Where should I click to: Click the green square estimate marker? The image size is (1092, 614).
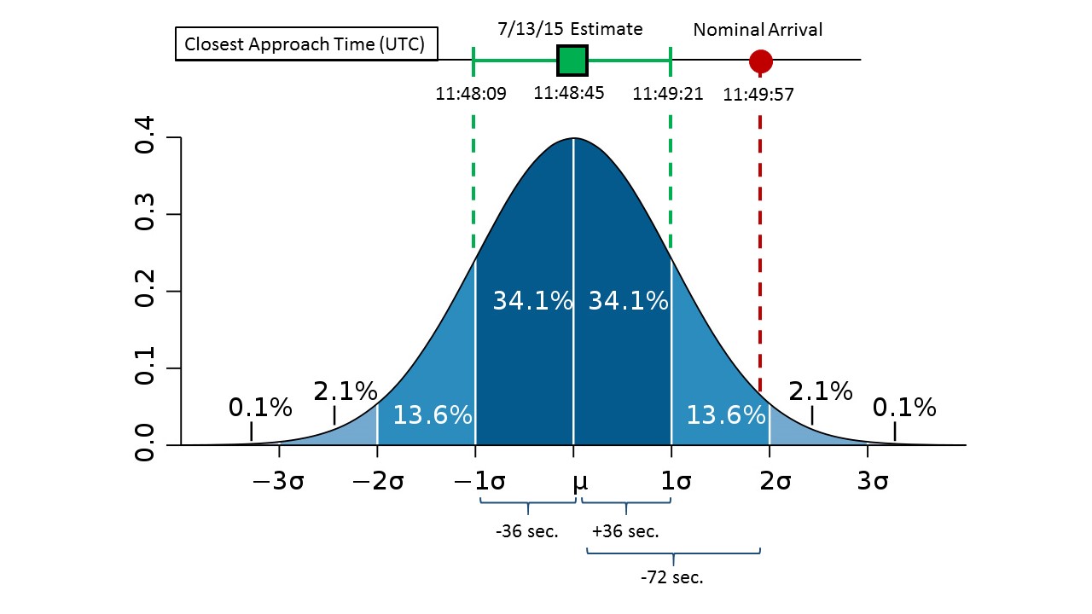572,60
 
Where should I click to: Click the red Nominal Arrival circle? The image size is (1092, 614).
760,61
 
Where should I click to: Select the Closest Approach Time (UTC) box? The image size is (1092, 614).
306,45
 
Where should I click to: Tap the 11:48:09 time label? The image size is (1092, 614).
471,94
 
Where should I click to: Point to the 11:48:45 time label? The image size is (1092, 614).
569,93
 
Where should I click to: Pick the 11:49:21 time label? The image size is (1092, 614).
668,94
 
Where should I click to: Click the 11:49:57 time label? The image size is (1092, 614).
758,95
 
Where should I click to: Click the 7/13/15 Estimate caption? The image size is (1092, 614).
571,29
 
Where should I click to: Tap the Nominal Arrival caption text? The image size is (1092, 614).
758,30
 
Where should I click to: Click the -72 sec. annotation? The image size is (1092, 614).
672,577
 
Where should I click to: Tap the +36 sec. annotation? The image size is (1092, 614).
625,531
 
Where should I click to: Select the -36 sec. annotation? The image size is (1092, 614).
526,531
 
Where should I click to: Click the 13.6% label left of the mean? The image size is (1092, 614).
433,415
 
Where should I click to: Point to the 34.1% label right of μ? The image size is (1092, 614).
628,300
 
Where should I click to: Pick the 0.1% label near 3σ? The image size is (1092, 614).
904,408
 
